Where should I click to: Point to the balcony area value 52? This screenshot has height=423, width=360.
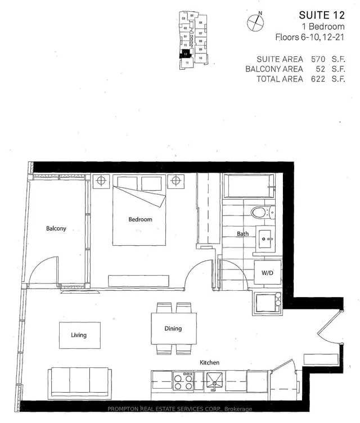[322, 69]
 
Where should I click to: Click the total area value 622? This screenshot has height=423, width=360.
[319, 79]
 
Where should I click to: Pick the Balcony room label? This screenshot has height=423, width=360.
[56, 228]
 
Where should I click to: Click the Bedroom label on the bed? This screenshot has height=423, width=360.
[140, 219]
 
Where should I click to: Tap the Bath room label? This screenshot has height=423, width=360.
[242, 233]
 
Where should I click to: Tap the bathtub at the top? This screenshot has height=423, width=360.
[248, 186]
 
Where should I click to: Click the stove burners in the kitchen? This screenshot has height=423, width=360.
[184, 381]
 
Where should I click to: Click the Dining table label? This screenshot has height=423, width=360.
[173, 328]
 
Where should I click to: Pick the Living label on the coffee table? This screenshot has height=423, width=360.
[79, 335]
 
